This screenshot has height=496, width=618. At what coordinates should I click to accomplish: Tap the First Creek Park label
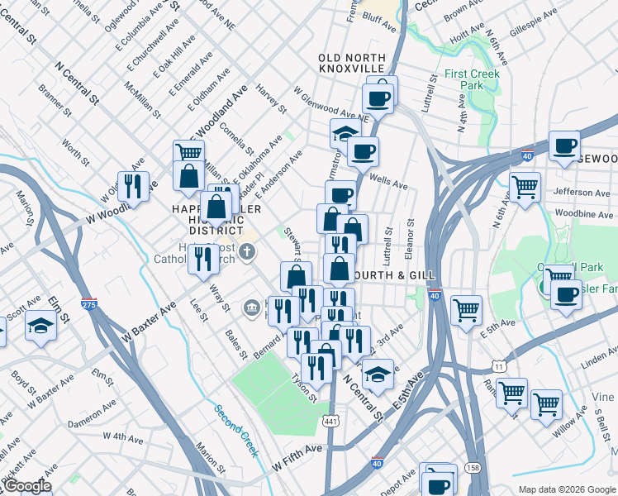click(x=475, y=79)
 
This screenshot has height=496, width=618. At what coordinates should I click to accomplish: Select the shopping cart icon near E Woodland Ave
click(x=188, y=152)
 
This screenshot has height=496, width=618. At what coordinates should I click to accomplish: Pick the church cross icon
click(x=245, y=249)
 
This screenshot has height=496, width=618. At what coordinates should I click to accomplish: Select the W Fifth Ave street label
click(x=297, y=449)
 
